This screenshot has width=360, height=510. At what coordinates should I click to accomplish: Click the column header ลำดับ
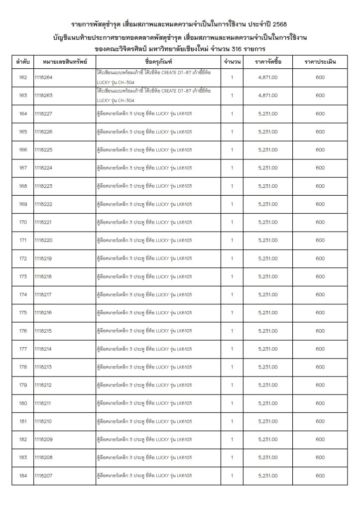(x=22, y=62)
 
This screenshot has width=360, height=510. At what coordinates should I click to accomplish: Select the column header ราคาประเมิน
(x=320, y=62)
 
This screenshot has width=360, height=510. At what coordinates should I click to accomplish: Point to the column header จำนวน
(x=233, y=62)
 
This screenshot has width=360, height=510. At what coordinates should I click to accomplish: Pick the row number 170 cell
(x=23, y=222)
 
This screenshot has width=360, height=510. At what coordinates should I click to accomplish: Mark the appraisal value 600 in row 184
(x=320, y=476)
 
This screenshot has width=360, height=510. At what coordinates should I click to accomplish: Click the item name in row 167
(x=144, y=168)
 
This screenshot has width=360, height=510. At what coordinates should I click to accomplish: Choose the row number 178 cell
(x=23, y=367)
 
